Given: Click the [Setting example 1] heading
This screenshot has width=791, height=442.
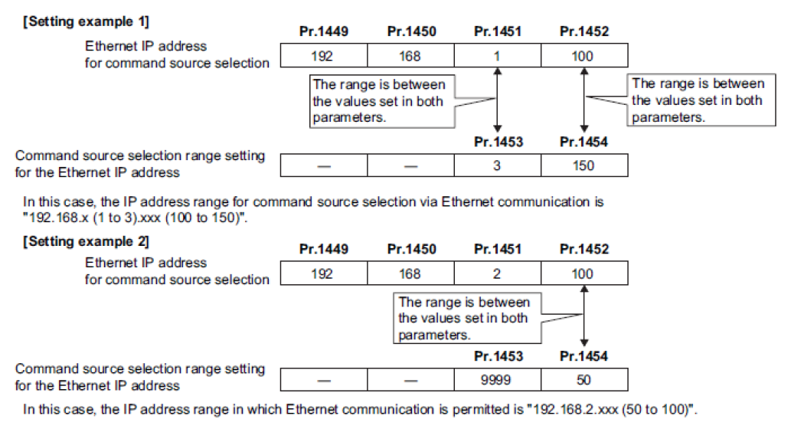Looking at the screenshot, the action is coord(87,21).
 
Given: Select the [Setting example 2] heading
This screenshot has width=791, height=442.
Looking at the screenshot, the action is coord(87,242).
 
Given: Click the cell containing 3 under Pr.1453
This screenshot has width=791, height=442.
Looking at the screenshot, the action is coord(498,165).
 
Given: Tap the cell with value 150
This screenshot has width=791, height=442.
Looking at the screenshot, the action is coord(584,165).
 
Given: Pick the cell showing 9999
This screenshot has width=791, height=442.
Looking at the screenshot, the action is coord(498,379).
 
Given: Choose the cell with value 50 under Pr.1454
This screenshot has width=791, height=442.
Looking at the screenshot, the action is coord(584,379).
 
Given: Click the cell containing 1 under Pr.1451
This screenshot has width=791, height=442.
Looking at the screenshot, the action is coord(498,55).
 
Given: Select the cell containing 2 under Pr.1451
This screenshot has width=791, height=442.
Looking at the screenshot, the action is coord(498,273).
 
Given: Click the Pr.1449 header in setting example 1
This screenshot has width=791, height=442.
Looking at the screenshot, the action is coord(324,31).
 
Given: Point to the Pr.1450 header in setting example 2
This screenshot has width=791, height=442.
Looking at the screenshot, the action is coord(412,249).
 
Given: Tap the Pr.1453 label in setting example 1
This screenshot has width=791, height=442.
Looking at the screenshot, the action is coord(498,142).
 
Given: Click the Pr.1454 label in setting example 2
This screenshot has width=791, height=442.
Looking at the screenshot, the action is coord(584,356).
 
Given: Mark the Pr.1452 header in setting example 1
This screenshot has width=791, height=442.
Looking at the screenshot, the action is coord(584,31).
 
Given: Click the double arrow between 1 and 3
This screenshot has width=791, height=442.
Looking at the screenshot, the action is coord(498,100).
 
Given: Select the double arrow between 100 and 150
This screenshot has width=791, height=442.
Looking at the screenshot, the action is coord(584,100).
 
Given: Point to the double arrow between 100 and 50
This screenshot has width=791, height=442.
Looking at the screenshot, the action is coord(584,316).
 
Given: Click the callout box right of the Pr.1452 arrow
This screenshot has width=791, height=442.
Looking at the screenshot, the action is coord(701,100).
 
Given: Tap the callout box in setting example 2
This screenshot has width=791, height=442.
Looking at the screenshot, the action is coord(467,319).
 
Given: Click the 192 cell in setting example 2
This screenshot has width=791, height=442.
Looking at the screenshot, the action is coord(324,273).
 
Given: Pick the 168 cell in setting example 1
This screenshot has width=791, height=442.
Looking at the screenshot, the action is coord(410,55).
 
